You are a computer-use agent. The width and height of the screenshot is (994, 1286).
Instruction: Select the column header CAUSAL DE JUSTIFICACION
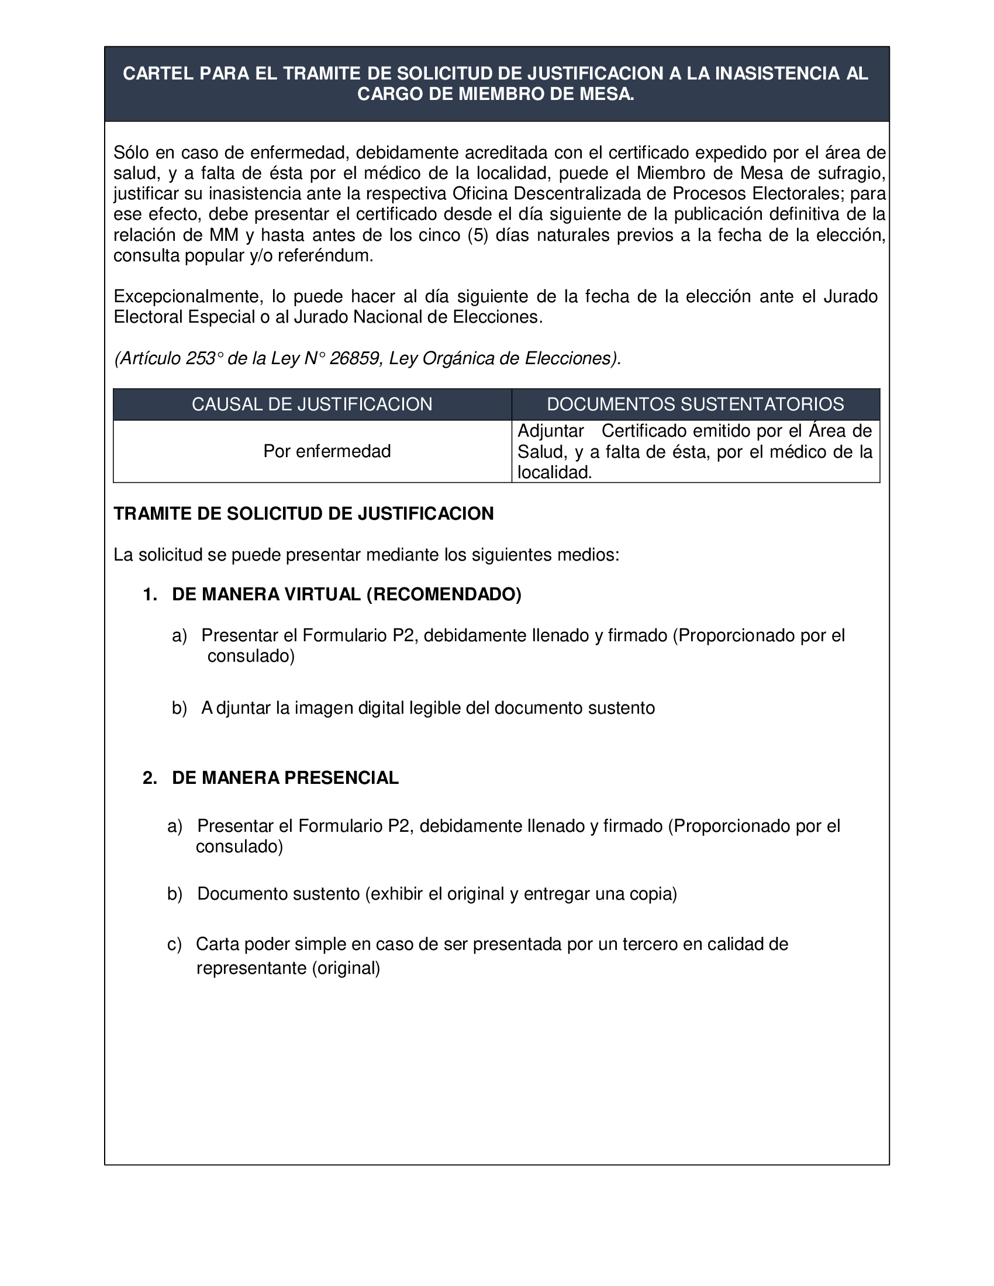(312, 404)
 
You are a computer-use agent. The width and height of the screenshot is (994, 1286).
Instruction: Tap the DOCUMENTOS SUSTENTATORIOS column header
(695, 404)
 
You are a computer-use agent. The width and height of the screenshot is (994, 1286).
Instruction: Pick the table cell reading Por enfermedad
(327, 451)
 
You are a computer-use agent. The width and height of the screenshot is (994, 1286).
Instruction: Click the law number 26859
(354, 358)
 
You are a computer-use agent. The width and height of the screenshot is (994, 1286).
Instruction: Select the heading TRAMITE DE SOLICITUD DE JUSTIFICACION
(303, 513)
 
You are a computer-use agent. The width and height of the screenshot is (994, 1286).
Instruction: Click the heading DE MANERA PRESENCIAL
(285, 778)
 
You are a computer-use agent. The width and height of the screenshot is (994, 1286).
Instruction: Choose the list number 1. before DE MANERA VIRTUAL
(150, 594)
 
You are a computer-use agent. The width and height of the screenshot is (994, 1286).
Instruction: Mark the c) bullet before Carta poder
(174, 945)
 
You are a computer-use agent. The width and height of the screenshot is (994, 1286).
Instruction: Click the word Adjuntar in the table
(550, 431)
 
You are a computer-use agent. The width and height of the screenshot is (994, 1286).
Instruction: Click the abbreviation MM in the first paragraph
(224, 235)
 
